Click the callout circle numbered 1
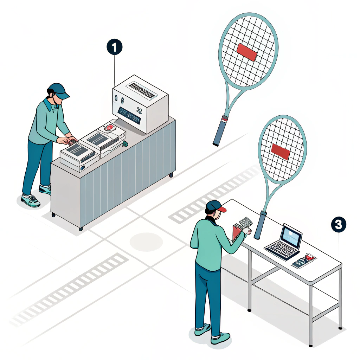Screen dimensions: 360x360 [x=115, y=47]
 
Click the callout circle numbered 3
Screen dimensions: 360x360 [x=338, y=225]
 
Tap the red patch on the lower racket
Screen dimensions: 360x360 [x=281, y=152]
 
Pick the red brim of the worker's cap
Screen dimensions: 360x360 [x=221, y=210]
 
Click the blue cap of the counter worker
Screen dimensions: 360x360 [x=58, y=90]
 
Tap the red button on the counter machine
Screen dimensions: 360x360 [x=110, y=127]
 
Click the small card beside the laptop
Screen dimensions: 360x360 [x=304, y=260]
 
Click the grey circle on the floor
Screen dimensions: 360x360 [x=146, y=242]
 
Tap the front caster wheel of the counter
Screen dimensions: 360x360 [x=81, y=229]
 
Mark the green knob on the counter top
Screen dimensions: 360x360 [x=125, y=143]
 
